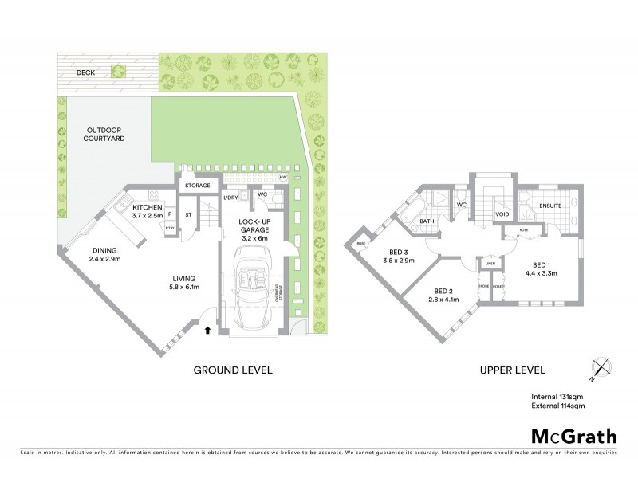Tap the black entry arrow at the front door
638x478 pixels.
(x=209, y=327)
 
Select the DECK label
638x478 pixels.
(x=85, y=72)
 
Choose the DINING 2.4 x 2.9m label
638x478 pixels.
(x=104, y=254)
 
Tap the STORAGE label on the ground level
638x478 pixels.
(x=197, y=186)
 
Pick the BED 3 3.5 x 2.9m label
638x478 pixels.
(x=398, y=256)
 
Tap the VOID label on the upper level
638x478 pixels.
(x=502, y=214)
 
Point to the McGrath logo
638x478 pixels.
(x=573, y=436)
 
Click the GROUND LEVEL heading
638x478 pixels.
(x=234, y=370)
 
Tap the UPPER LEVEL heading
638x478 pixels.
(x=512, y=370)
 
